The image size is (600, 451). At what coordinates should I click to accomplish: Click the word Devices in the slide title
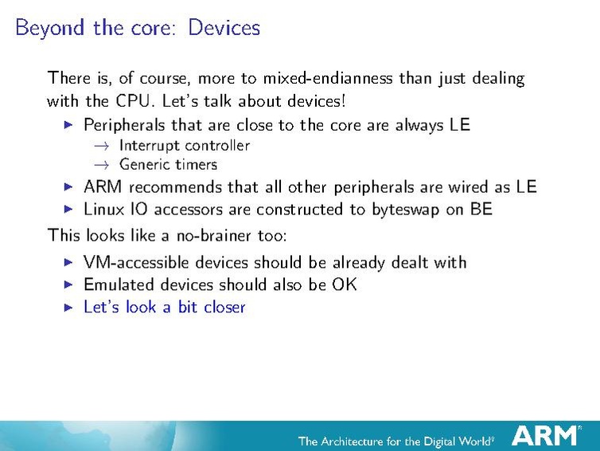point(224,28)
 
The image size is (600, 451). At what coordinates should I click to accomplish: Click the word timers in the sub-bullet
point(197,165)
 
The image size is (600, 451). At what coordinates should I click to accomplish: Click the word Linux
point(103,209)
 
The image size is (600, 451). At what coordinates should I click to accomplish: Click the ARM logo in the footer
point(545,436)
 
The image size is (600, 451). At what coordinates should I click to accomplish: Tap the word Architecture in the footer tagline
point(360,441)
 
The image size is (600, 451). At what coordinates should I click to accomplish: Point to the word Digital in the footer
point(446,441)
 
